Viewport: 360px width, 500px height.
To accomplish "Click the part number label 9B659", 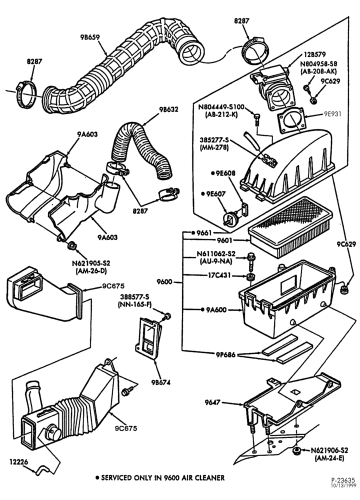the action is (90, 37).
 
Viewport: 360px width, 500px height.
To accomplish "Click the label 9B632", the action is (168, 109).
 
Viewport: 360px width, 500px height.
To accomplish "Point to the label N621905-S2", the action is (91, 263).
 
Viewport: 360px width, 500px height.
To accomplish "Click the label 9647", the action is (212, 402).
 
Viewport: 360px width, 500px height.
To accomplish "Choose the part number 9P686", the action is (225, 354).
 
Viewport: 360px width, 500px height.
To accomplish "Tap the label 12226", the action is (18, 461).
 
